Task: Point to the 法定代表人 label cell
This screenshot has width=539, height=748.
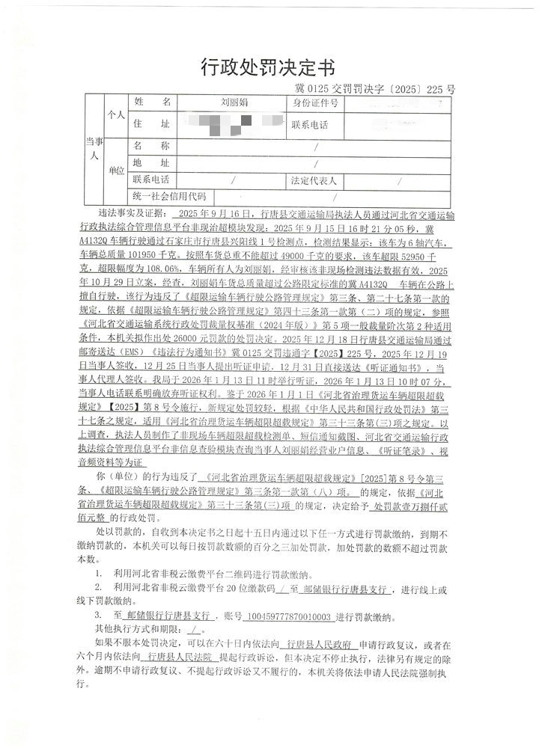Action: coord(315,181)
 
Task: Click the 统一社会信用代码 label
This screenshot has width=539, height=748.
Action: coord(168,197)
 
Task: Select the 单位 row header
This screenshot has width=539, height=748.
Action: coord(116,171)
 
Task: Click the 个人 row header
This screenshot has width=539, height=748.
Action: coord(115,114)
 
